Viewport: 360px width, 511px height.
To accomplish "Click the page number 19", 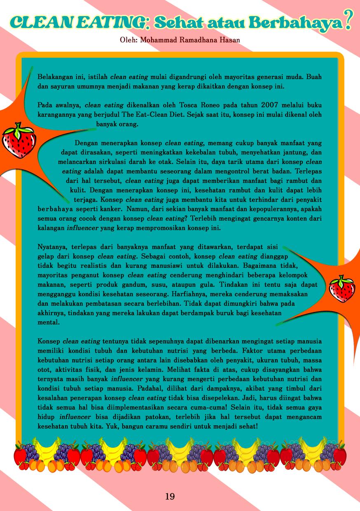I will tap(170, 496).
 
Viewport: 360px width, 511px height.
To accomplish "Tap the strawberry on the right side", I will tap(342, 288).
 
